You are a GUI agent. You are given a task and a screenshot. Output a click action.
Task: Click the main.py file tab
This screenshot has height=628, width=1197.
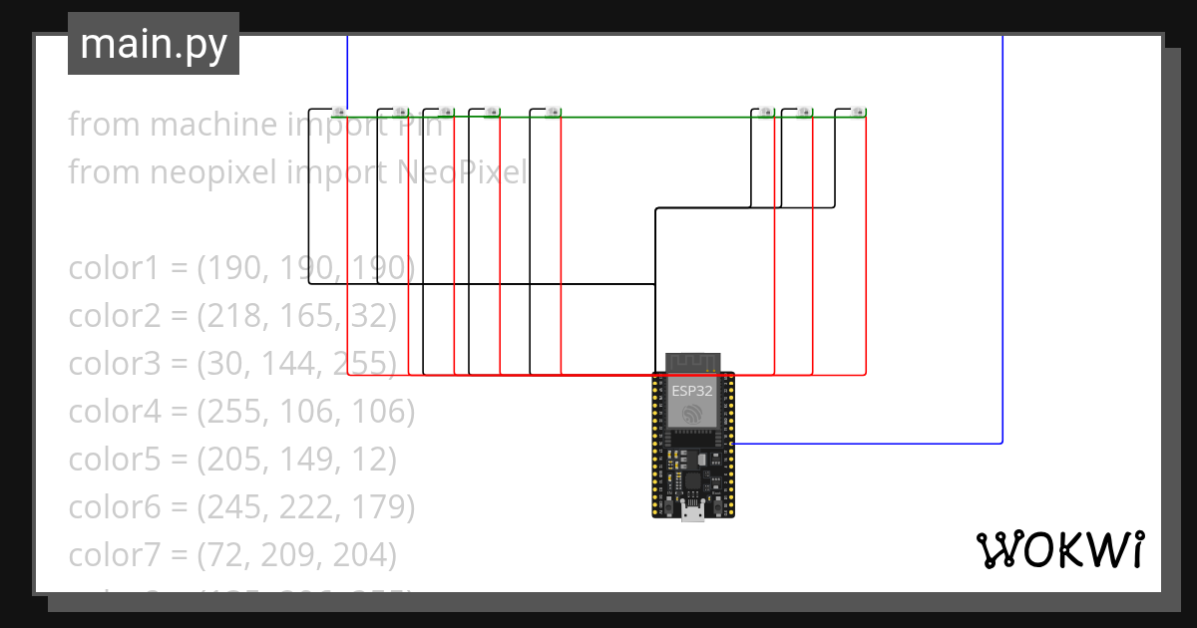click(x=153, y=44)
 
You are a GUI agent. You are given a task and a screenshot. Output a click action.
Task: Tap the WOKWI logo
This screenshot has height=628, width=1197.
click(x=1059, y=549)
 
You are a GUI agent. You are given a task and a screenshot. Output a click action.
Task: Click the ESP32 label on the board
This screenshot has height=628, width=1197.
click(x=692, y=391)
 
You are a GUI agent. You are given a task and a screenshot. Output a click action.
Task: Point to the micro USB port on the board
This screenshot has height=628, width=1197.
click(x=692, y=512)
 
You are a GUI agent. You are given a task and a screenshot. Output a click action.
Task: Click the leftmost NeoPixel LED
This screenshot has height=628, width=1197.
click(x=339, y=111)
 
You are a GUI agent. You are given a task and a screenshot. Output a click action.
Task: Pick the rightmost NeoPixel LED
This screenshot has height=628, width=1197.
click(x=857, y=112)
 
